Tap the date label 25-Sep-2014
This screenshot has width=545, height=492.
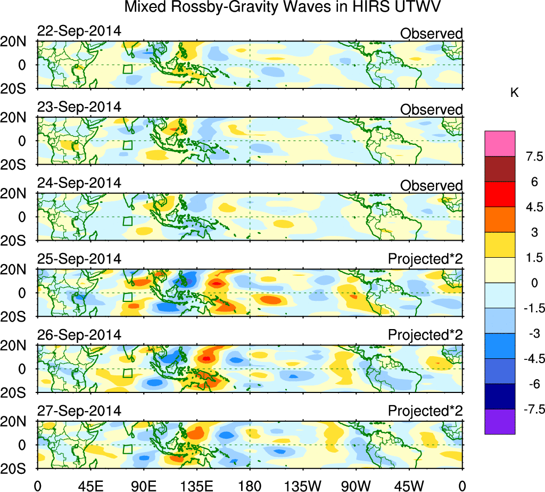pyautogui.click(x=79, y=259)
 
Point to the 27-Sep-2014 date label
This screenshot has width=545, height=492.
pyautogui.click(x=79, y=412)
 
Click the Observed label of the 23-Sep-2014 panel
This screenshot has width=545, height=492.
pyautogui.click(x=431, y=110)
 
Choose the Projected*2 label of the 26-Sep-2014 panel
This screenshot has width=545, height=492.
pyautogui.click(x=425, y=335)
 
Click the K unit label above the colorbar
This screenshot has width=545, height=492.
pyautogui.click(x=514, y=93)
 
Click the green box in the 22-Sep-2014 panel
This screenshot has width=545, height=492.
pyautogui.click(x=127, y=69)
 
